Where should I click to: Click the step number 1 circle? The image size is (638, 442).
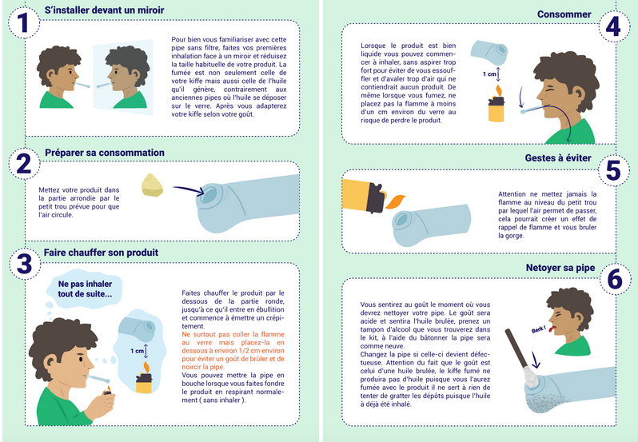tap(24, 22)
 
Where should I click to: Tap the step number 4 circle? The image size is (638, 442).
tap(613, 27)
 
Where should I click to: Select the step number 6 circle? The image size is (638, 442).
tap(614, 279)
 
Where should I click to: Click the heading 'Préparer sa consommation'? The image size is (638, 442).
tap(105, 153)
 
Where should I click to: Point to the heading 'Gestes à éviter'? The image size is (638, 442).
tap(558, 157)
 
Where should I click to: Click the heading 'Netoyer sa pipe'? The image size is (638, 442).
tap(560, 268)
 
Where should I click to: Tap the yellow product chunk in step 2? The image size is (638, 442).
tap(152, 185)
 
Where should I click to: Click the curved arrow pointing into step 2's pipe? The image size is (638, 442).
tap(189, 189)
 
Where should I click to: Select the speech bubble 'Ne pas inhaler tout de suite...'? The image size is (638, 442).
tap(84, 289)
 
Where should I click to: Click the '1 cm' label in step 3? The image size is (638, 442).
tap(137, 351)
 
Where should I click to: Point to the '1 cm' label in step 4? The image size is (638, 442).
tap(489, 74)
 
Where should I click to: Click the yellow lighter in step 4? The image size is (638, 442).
tap(496, 109)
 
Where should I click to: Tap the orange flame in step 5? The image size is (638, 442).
tap(396, 201)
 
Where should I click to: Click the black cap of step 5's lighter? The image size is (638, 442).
tap(376, 198)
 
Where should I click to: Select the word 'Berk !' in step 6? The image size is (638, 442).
tap(538, 329)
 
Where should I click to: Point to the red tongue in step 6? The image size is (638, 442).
tap(552, 329)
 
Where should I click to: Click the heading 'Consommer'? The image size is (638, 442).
tap(564, 14)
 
